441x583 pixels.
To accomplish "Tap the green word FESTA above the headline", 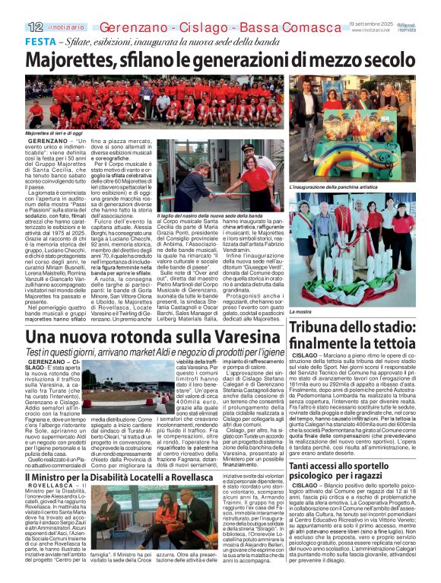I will coord(41,41).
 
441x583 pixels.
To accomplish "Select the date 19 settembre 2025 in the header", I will coord(368,25).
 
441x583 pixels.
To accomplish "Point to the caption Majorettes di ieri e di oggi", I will coord(53,132).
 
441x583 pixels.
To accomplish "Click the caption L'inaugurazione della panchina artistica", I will coord(332,186).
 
